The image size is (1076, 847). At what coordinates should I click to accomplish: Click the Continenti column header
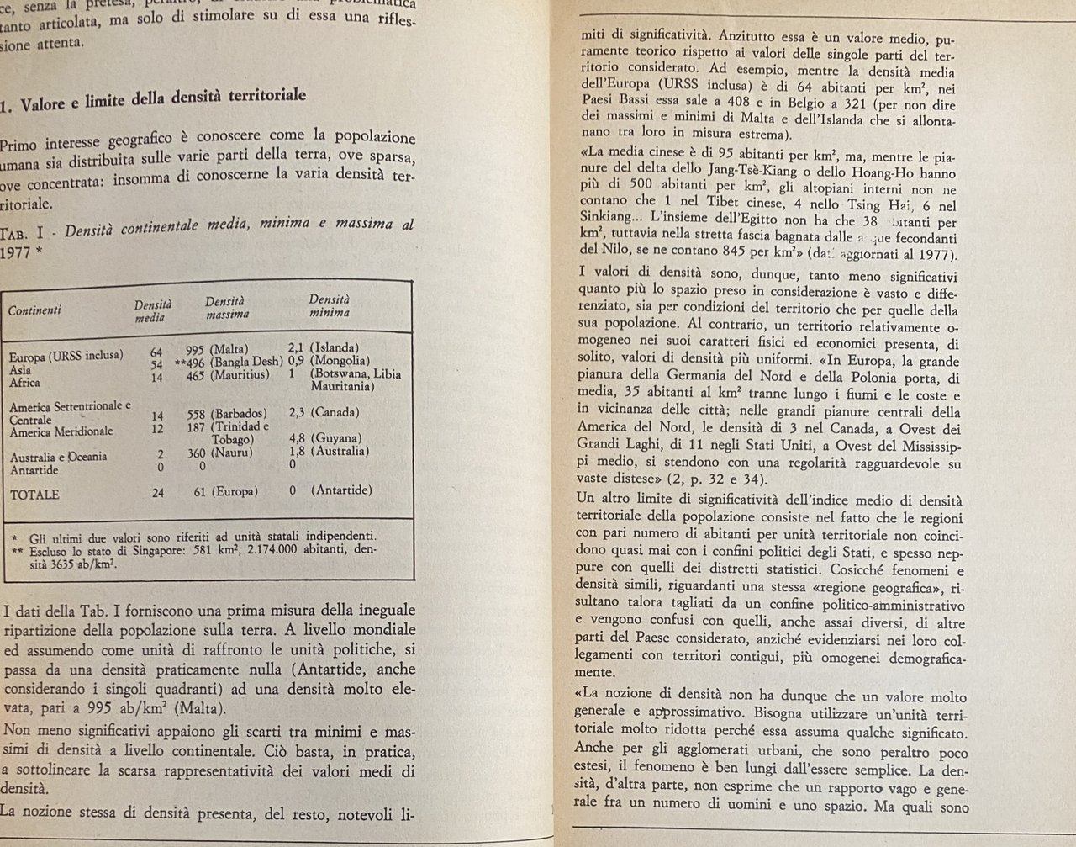34,310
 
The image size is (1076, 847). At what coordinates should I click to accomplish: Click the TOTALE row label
34,495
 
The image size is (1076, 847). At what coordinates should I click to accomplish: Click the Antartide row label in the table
34,470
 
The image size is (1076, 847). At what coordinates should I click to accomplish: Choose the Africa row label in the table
24,383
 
